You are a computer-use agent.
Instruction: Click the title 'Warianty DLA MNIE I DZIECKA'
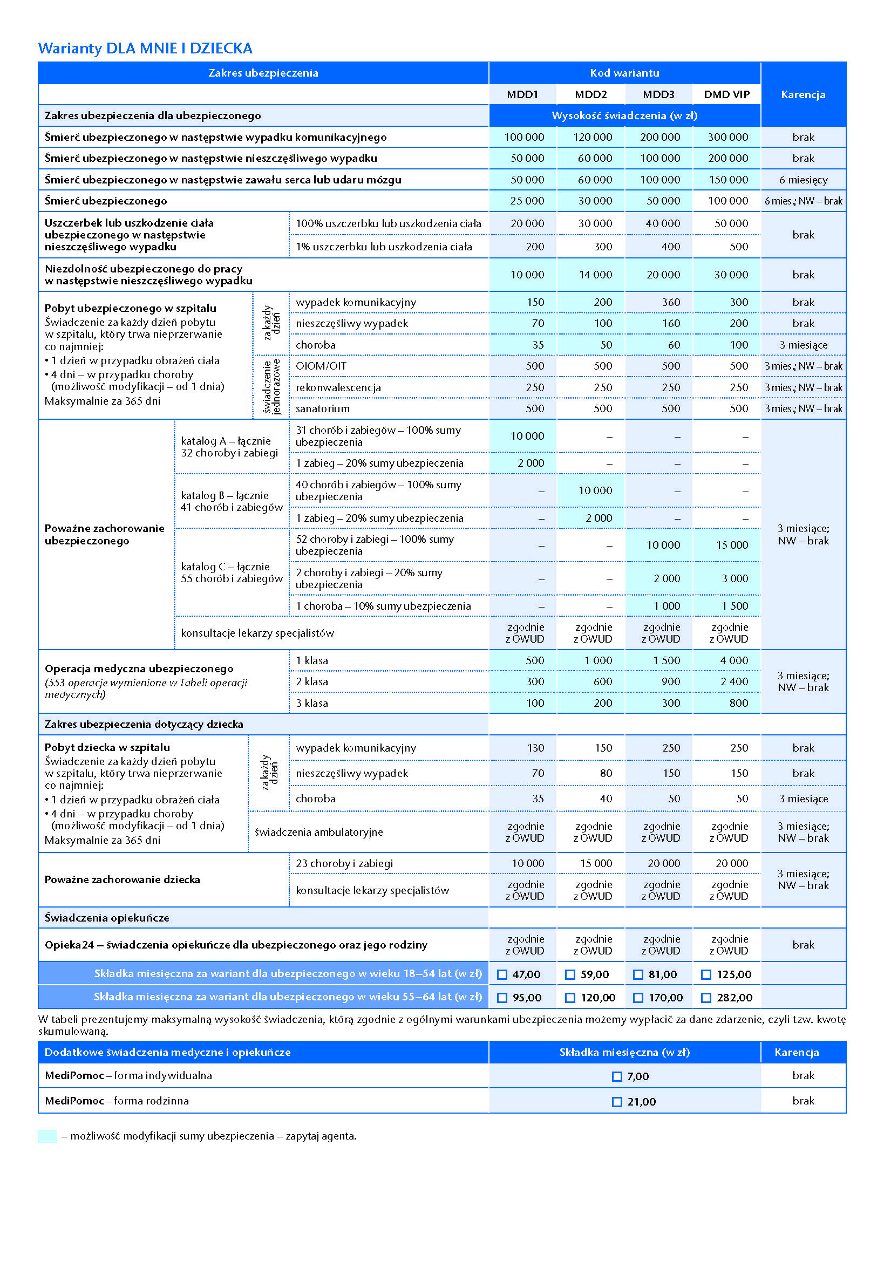pos(145,49)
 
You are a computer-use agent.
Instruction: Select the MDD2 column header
pos(590,94)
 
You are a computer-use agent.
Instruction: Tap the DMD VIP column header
pos(726,94)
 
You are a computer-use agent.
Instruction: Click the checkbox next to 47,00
pos(502,974)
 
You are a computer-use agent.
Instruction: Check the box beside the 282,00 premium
pos(706,998)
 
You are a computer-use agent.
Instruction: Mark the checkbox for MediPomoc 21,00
pos(617,1102)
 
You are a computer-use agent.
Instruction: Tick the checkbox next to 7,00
pos(617,1077)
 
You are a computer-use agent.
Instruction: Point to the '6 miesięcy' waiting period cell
pos(803,180)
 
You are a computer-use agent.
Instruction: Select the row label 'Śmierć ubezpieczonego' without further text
pos(106,201)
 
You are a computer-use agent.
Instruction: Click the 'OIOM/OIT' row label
pos(321,366)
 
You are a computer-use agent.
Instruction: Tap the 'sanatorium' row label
pos(322,408)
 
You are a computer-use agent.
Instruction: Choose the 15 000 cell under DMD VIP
pos(732,545)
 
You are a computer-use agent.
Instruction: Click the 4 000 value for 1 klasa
pos(734,660)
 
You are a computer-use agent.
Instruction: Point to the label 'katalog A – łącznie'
pos(226,441)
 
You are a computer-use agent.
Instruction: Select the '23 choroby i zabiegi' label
pos(344,863)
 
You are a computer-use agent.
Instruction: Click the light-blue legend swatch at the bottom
pos(47,1136)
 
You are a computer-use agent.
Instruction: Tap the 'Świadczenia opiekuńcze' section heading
pos(107,918)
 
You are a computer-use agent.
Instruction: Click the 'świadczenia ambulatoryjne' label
pos(318,832)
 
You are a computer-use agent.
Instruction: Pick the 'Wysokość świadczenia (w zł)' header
pos(624,116)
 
